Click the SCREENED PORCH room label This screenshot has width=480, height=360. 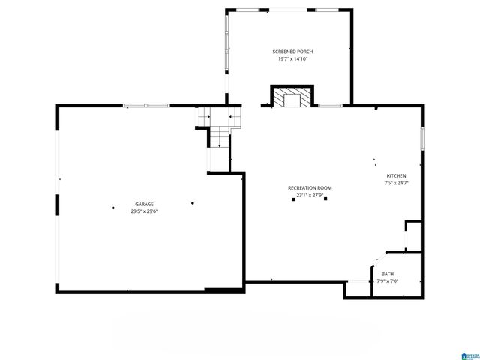289,52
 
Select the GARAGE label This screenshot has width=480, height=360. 144,204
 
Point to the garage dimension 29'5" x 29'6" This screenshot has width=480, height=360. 144,211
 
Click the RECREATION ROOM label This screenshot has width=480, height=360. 310,188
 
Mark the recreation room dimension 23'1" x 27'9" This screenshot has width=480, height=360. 310,195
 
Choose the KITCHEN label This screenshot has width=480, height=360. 395,175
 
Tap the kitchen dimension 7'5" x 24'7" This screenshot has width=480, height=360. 395,182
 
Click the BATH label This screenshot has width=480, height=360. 387,274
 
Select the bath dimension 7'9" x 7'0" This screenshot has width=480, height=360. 387,280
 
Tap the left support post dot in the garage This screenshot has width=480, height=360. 112,208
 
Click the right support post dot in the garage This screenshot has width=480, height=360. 193,202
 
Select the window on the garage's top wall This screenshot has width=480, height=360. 145,106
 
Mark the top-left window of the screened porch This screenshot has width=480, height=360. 248,9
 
